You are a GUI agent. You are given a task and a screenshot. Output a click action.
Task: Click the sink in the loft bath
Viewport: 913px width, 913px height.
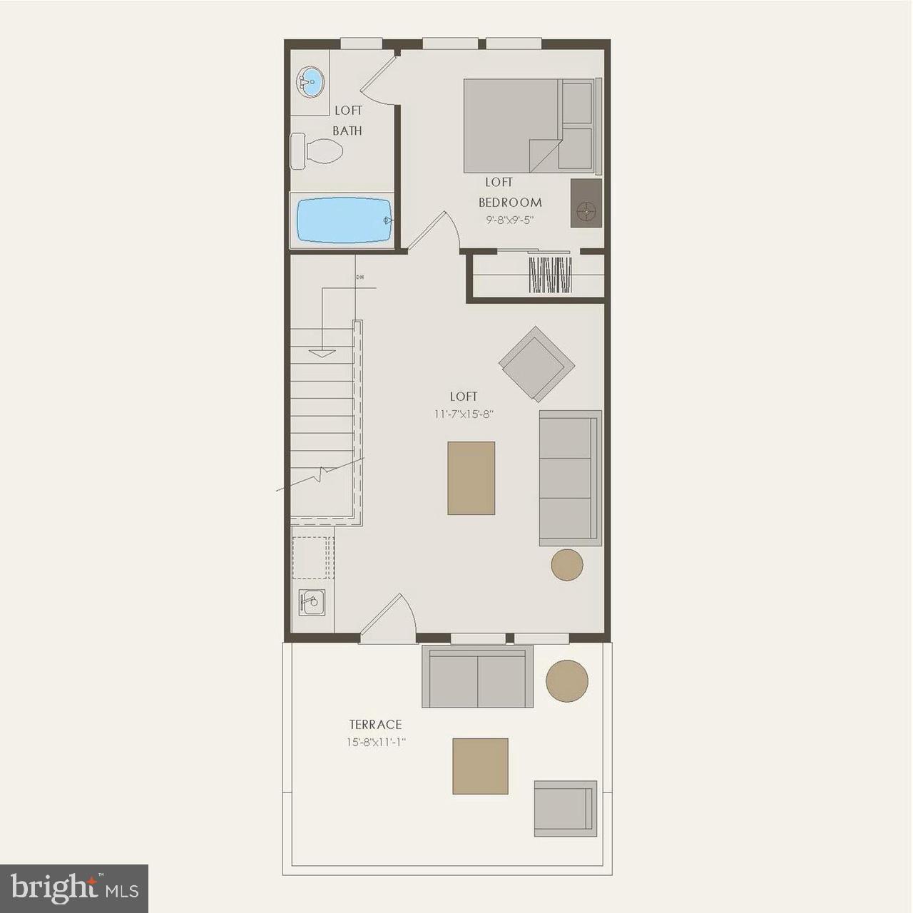click(x=310, y=83)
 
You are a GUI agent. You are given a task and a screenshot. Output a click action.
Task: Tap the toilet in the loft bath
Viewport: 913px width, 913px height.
click(x=318, y=151)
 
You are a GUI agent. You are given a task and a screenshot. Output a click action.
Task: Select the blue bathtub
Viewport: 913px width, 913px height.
click(x=343, y=220)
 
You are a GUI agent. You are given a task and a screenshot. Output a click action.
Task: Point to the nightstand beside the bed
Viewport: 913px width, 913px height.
click(x=586, y=203)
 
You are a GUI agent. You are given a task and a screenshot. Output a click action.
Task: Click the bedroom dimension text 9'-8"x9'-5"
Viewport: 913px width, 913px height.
click(x=509, y=220)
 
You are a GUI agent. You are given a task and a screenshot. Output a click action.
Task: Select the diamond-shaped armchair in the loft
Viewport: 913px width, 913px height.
click(x=536, y=364)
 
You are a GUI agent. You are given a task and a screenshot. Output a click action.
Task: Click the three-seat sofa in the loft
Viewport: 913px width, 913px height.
click(x=569, y=478)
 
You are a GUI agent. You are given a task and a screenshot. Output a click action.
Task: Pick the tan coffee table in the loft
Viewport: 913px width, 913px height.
click(x=471, y=478)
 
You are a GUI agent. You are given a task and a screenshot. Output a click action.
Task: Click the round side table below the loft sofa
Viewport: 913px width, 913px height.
click(x=567, y=564)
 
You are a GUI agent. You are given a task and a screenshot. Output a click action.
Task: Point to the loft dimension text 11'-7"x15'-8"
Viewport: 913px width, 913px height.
click(x=463, y=413)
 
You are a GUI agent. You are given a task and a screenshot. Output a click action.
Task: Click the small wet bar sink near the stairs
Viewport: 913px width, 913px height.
click(x=312, y=603)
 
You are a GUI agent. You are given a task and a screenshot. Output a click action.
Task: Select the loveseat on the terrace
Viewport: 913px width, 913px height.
click(x=477, y=677)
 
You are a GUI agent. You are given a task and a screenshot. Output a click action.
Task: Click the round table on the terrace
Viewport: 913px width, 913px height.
click(x=567, y=680)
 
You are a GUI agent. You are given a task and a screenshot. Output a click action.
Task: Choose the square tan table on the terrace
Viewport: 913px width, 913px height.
click(x=480, y=766)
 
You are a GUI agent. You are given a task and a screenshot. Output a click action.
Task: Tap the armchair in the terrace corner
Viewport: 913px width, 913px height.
click(x=565, y=808)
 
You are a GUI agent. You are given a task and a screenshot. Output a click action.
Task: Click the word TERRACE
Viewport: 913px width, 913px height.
click(x=375, y=725)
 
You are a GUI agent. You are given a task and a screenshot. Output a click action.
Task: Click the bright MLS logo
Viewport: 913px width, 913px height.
click(x=73, y=888)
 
